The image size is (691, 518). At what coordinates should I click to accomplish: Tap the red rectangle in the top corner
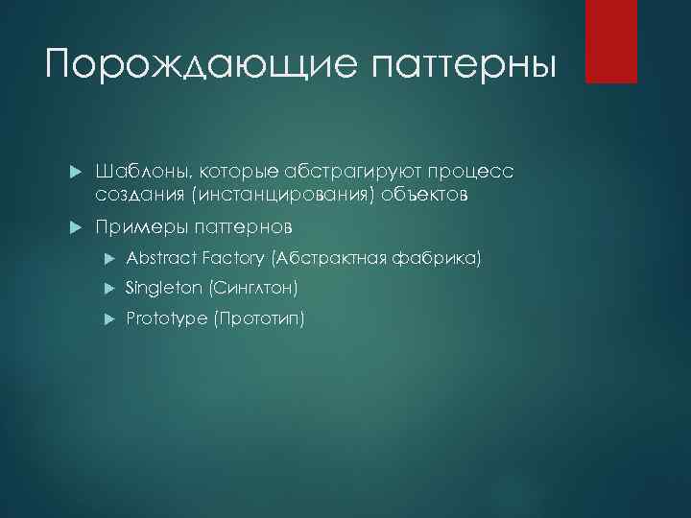click(x=611, y=41)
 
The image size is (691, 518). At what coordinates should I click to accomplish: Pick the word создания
click(x=139, y=195)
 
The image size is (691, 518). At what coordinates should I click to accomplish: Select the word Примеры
click(x=140, y=227)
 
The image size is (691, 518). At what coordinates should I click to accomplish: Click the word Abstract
click(x=160, y=258)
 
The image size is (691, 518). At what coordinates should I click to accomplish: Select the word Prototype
click(x=166, y=318)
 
